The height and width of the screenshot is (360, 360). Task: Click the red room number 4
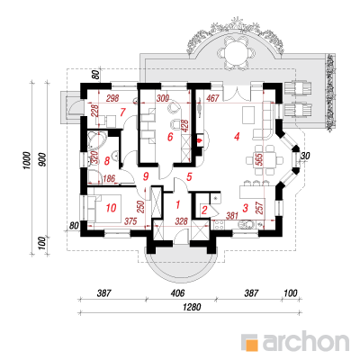[237, 137]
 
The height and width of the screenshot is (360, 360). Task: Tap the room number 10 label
[111, 208]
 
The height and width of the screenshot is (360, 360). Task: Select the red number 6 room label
[170, 137]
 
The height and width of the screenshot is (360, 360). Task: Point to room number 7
[122, 112]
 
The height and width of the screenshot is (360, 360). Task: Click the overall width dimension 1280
[191, 307]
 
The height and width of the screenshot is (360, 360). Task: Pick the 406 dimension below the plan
[177, 292]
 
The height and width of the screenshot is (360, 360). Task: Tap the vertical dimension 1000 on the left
[26, 160]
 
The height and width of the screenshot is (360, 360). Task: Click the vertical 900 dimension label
[41, 160]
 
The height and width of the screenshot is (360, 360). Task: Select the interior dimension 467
[212, 98]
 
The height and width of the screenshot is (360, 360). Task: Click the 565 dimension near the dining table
[260, 160]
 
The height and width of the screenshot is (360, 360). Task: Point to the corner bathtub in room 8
[95, 140]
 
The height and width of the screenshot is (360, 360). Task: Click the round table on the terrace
[237, 50]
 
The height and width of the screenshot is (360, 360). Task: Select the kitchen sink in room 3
[247, 225]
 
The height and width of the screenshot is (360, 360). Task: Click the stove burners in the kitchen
[219, 225]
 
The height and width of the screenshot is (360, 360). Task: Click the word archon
[306, 340]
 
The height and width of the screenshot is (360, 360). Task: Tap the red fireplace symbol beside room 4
[198, 140]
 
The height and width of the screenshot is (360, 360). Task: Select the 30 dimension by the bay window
[306, 156]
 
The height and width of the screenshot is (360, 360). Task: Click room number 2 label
[204, 210]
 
